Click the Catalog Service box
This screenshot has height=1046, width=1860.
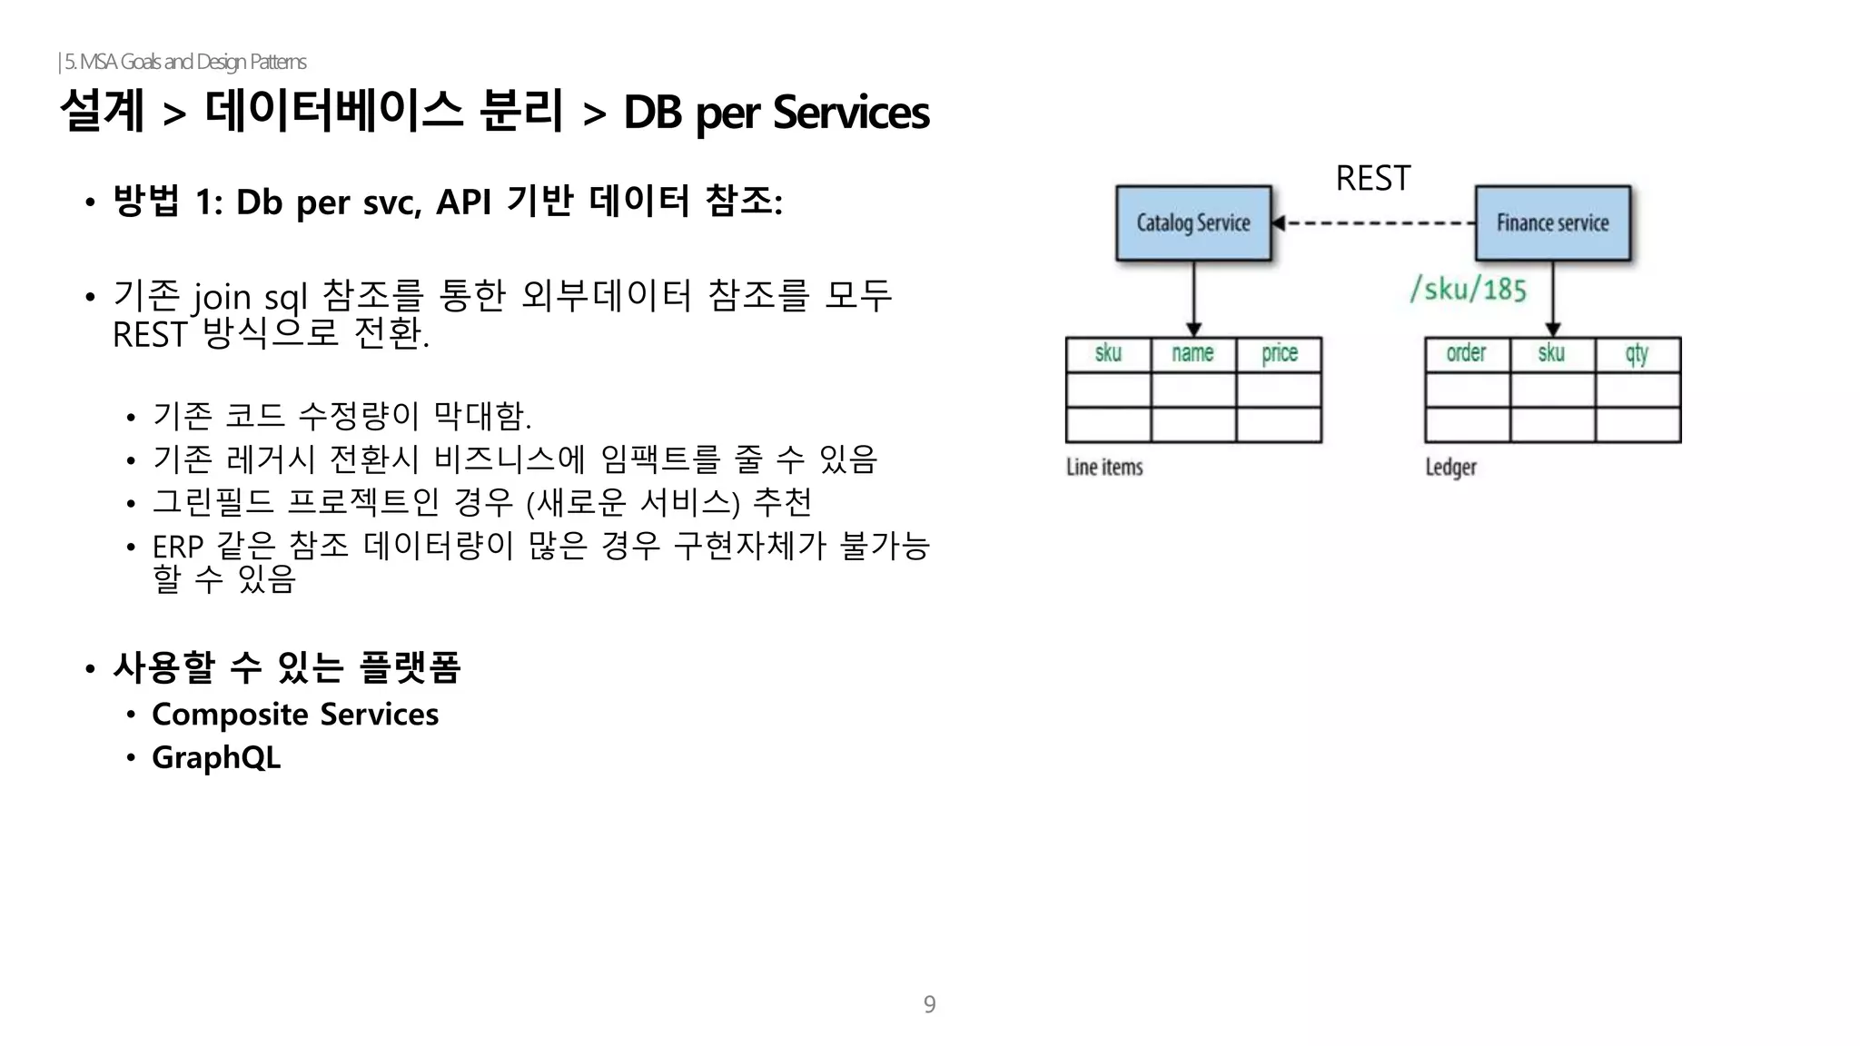(x=1192, y=223)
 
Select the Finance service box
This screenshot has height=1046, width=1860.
(x=1552, y=223)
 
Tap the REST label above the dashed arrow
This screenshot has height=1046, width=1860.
(x=1372, y=179)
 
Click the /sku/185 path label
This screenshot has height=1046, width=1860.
(x=1468, y=290)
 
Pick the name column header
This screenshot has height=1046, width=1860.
(x=1192, y=353)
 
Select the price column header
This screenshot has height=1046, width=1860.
(x=1279, y=353)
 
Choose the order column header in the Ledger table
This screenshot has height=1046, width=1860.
(x=1466, y=353)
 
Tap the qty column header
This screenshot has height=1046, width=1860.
(x=1637, y=353)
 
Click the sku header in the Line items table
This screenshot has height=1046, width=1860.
(x=1108, y=353)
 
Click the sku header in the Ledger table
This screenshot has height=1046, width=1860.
(x=1551, y=353)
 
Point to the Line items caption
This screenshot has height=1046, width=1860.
(x=1104, y=467)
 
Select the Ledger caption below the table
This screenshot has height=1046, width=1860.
(x=1450, y=467)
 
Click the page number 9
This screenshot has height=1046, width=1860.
(x=929, y=1004)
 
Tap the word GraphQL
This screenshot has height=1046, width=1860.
(x=216, y=757)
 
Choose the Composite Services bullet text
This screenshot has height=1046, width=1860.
(x=295, y=715)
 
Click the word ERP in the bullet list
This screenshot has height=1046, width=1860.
(x=177, y=547)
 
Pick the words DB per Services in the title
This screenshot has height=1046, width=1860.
(x=776, y=113)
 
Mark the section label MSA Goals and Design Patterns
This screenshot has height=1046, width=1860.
(x=185, y=62)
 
